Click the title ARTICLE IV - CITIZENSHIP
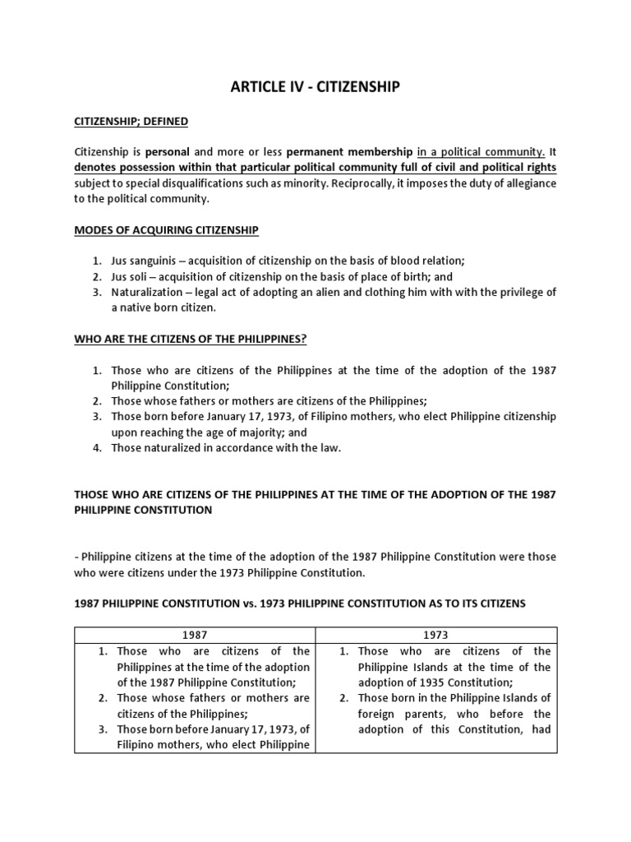[x=315, y=86]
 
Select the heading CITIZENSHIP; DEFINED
[x=131, y=122]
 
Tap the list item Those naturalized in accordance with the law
[x=226, y=448]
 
